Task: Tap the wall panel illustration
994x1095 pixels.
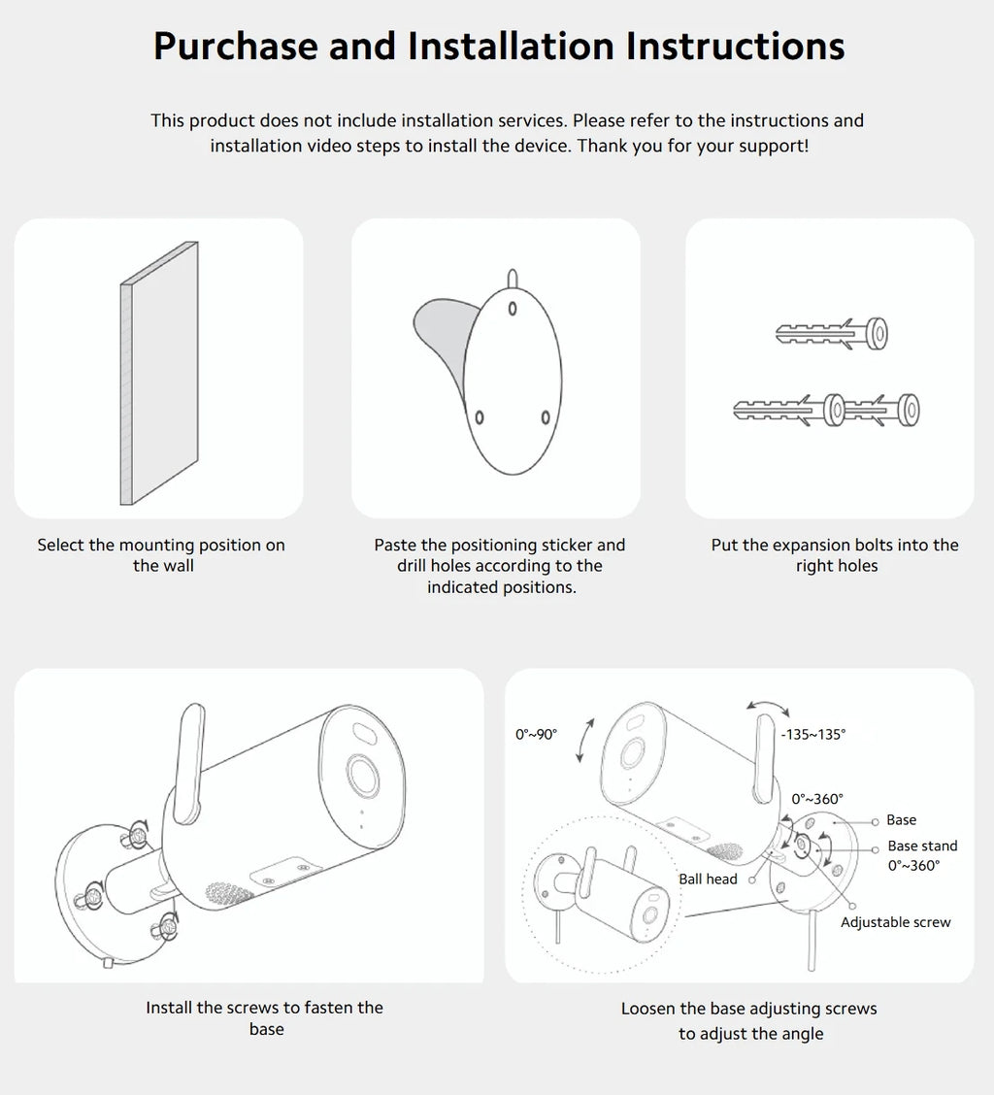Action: (x=159, y=374)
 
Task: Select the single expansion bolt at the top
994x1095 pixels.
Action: (x=831, y=334)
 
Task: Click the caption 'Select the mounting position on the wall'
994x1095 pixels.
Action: (x=161, y=555)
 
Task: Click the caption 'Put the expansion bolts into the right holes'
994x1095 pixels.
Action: (x=835, y=555)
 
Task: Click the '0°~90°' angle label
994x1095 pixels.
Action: (x=537, y=734)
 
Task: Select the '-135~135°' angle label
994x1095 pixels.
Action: (x=812, y=734)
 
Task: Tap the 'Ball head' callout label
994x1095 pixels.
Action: (x=708, y=879)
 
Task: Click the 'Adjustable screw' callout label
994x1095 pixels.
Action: (x=895, y=922)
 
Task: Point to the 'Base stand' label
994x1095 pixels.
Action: (x=921, y=846)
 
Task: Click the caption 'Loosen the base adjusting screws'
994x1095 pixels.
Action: (x=748, y=1009)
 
